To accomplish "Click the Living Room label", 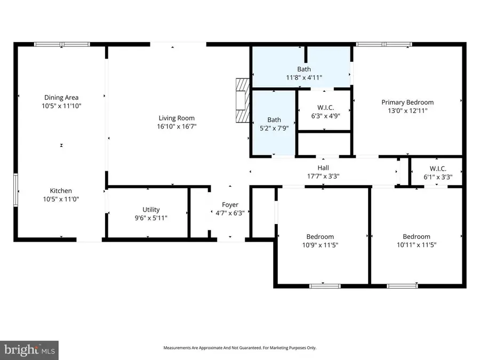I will tap(176, 118).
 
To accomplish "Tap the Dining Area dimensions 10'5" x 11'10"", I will tap(61, 106).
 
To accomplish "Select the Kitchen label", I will tap(61, 190).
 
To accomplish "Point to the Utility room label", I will tap(150, 210).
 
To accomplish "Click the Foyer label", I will tap(230, 204).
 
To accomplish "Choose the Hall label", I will tap(323, 167).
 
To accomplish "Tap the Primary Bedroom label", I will tap(407, 102).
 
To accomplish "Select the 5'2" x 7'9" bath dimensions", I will tap(274, 128).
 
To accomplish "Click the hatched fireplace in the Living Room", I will tap(243, 101).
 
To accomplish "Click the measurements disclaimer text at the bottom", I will tap(239, 348).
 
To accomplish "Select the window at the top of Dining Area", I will tap(62, 44).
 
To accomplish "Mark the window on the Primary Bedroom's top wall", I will tap(383, 44).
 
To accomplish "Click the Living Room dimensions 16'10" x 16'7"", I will tap(176, 126).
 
